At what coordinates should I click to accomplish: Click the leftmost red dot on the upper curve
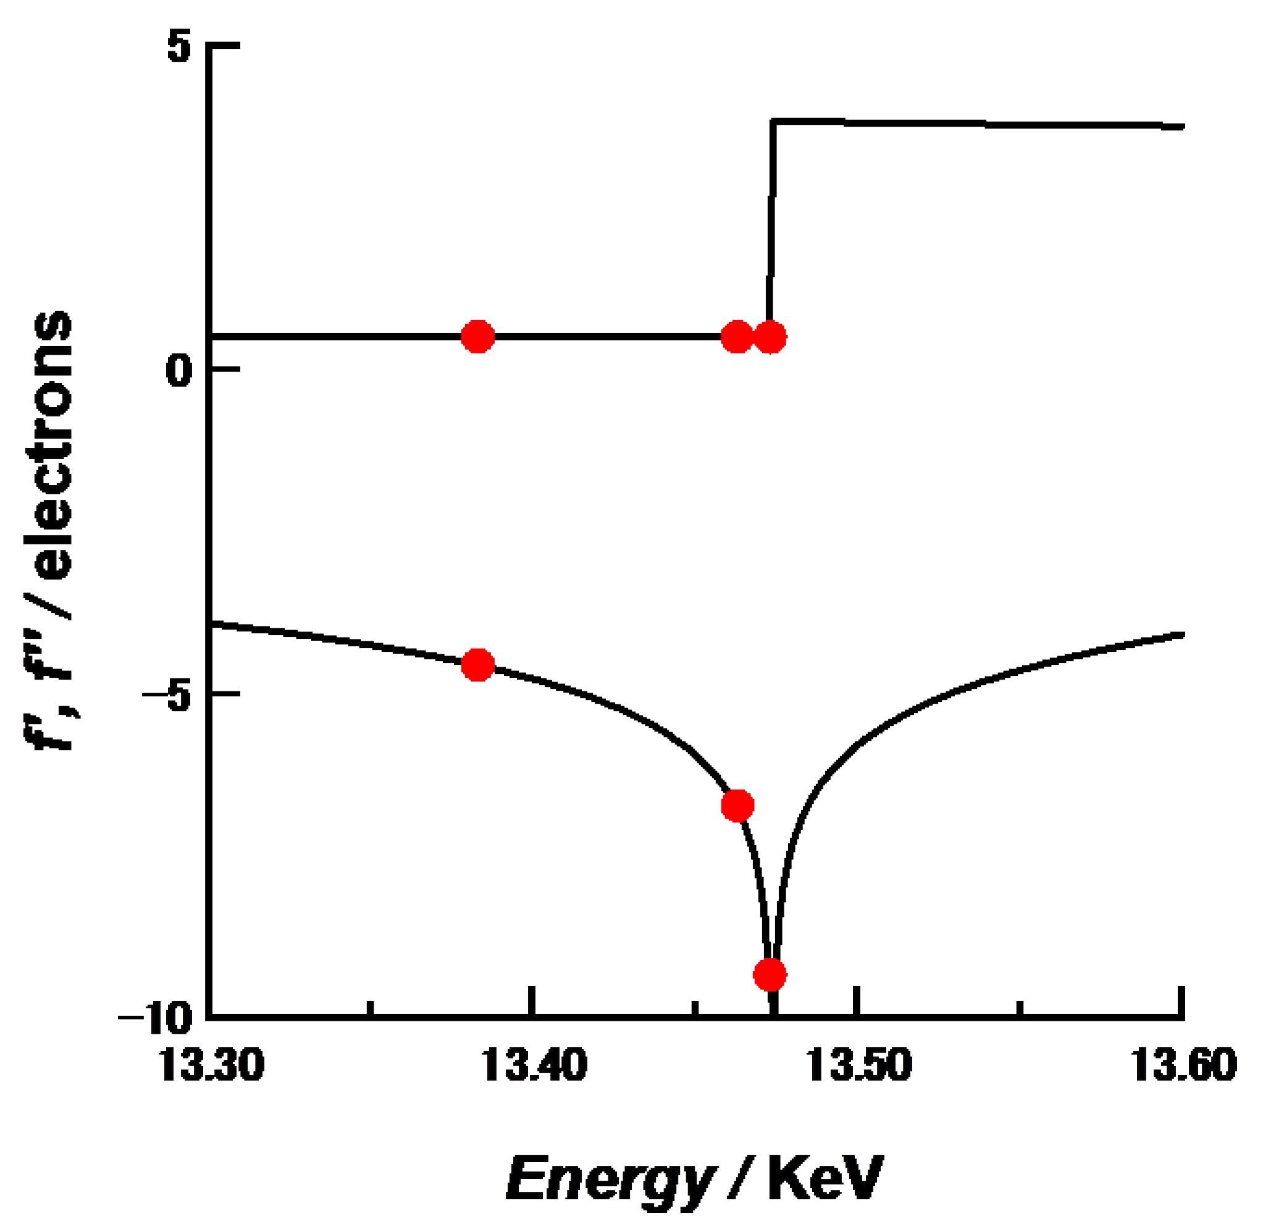[x=478, y=337]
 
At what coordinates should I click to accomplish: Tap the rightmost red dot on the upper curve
[x=770, y=337]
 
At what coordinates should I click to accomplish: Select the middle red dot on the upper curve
[x=737, y=337]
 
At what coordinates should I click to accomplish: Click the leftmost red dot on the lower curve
[x=478, y=665]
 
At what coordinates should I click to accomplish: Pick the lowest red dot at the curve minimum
[x=770, y=974]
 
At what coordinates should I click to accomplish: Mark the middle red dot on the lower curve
[x=737, y=806]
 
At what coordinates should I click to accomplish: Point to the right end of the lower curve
[x=1182, y=635]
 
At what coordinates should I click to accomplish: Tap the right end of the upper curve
[x=1182, y=127]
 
